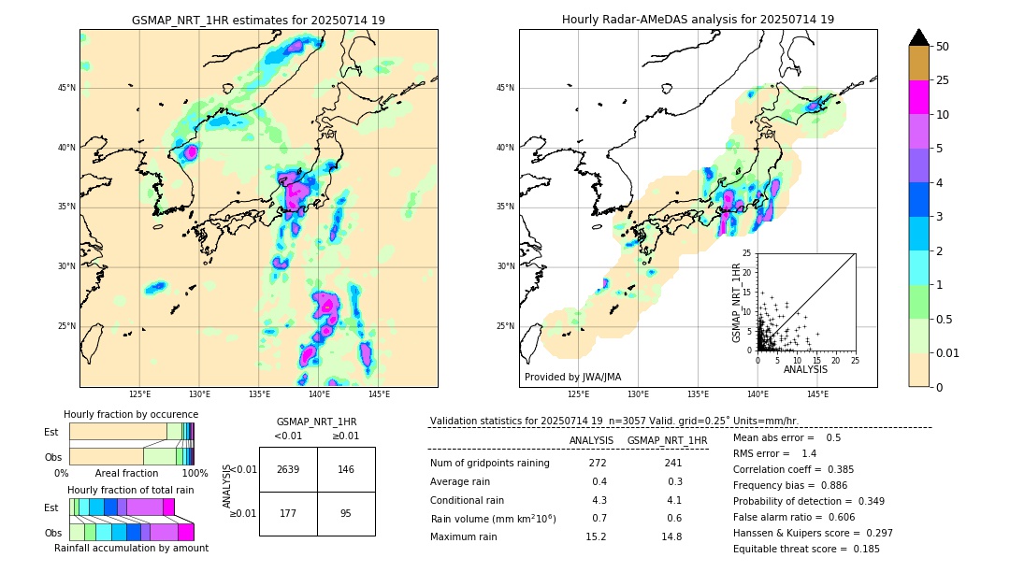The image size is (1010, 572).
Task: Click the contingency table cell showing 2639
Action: coord(288,469)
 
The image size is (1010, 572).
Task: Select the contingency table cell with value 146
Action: coord(346,469)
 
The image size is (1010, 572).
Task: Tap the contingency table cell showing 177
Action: coord(288,513)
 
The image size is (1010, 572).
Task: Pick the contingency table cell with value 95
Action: coord(346,513)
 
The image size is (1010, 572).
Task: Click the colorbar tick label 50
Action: coord(943,46)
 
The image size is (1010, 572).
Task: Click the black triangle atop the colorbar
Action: coord(919,37)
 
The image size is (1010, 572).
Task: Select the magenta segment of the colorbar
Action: coord(919,97)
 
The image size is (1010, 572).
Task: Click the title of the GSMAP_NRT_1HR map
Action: coord(258,20)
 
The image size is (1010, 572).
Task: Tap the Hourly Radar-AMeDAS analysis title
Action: coord(698,20)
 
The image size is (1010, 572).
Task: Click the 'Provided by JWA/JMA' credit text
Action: coord(572,378)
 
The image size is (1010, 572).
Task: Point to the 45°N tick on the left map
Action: coord(66,88)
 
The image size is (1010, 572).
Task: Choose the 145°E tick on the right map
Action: coord(817,394)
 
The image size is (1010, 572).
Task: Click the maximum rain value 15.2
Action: coord(597,536)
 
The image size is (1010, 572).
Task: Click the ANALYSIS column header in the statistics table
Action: coord(591,440)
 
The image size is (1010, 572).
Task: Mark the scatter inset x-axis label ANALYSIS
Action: coord(805,369)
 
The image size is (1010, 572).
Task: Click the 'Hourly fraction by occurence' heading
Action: coord(131,414)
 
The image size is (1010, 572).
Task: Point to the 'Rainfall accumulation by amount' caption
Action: coord(132,548)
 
